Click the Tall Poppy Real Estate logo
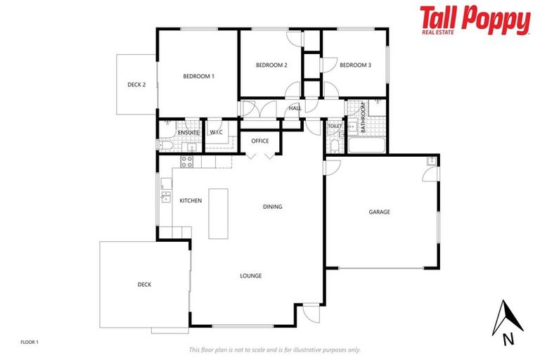pyautogui.click(x=475, y=20)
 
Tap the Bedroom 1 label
pyautogui.click(x=198, y=76)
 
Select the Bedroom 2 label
pyautogui.click(x=271, y=65)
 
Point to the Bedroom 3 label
pyautogui.click(x=355, y=65)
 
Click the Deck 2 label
pyautogui.click(x=136, y=84)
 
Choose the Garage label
pyautogui.click(x=379, y=212)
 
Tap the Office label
pyautogui.click(x=260, y=141)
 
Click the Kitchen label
pyautogui.click(x=191, y=200)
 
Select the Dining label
pyautogui.click(x=272, y=207)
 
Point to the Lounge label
pyautogui.click(x=250, y=276)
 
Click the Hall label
pyautogui.click(x=295, y=108)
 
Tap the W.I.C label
pyautogui.click(x=217, y=132)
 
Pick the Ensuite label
pyautogui.click(x=188, y=132)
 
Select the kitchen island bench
pyautogui.click(x=219, y=213)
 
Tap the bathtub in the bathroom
pyautogui.click(x=366, y=147)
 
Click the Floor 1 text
pyautogui.click(x=30, y=342)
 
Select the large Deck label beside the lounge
pyautogui.click(x=144, y=285)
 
